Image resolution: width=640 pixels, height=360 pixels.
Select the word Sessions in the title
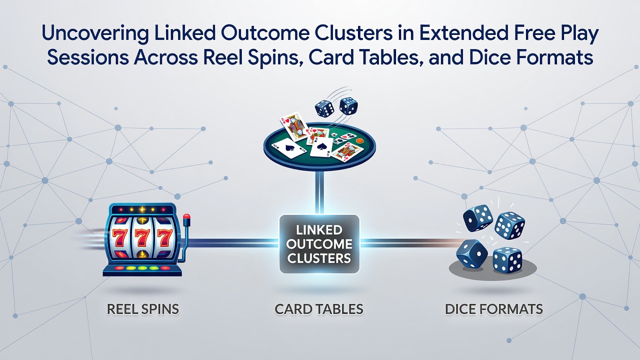88,57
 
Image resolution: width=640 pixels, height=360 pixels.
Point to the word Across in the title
166,57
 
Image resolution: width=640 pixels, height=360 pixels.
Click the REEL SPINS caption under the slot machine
143,309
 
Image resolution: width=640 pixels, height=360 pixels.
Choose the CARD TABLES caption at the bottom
319,309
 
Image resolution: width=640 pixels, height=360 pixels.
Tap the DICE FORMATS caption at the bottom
494,309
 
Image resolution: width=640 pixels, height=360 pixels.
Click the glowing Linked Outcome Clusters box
319,244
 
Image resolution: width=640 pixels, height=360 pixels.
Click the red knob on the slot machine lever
186,217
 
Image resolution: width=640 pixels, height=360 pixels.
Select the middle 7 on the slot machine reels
142,237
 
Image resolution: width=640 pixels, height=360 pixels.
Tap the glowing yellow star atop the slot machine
142,209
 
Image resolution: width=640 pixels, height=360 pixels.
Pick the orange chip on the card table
359,140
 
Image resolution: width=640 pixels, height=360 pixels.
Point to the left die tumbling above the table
324,108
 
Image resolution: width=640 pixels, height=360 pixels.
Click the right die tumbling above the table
348,105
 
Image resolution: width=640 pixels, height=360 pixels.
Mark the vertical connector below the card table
319,192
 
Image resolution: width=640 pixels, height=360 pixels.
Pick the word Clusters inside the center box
319,258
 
